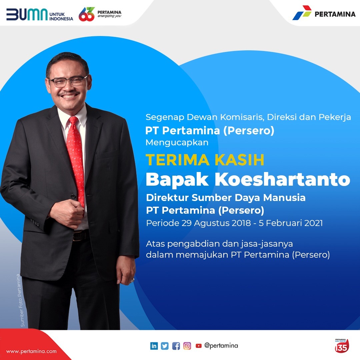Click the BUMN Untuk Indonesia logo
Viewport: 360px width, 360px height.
[39, 15]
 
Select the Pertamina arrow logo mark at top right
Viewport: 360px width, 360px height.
[302, 13]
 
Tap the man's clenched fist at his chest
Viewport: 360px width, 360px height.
[67, 214]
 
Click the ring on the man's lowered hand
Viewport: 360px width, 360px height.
[132, 280]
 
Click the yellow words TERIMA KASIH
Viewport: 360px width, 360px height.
[205, 160]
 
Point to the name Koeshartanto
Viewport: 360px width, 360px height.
[282, 179]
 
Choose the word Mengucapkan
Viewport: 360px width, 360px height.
[177, 143]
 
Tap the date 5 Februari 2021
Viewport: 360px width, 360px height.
[291, 223]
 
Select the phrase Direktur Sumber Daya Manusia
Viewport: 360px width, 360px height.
[226, 198]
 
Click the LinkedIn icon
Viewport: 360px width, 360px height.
[154, 346]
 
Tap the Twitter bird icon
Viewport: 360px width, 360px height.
[165, 346]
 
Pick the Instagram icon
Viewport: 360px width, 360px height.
[187, 346]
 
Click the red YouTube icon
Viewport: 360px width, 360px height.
[199, 346]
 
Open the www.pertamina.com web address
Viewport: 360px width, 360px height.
[31, 352]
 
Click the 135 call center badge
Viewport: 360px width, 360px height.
[342, 346]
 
